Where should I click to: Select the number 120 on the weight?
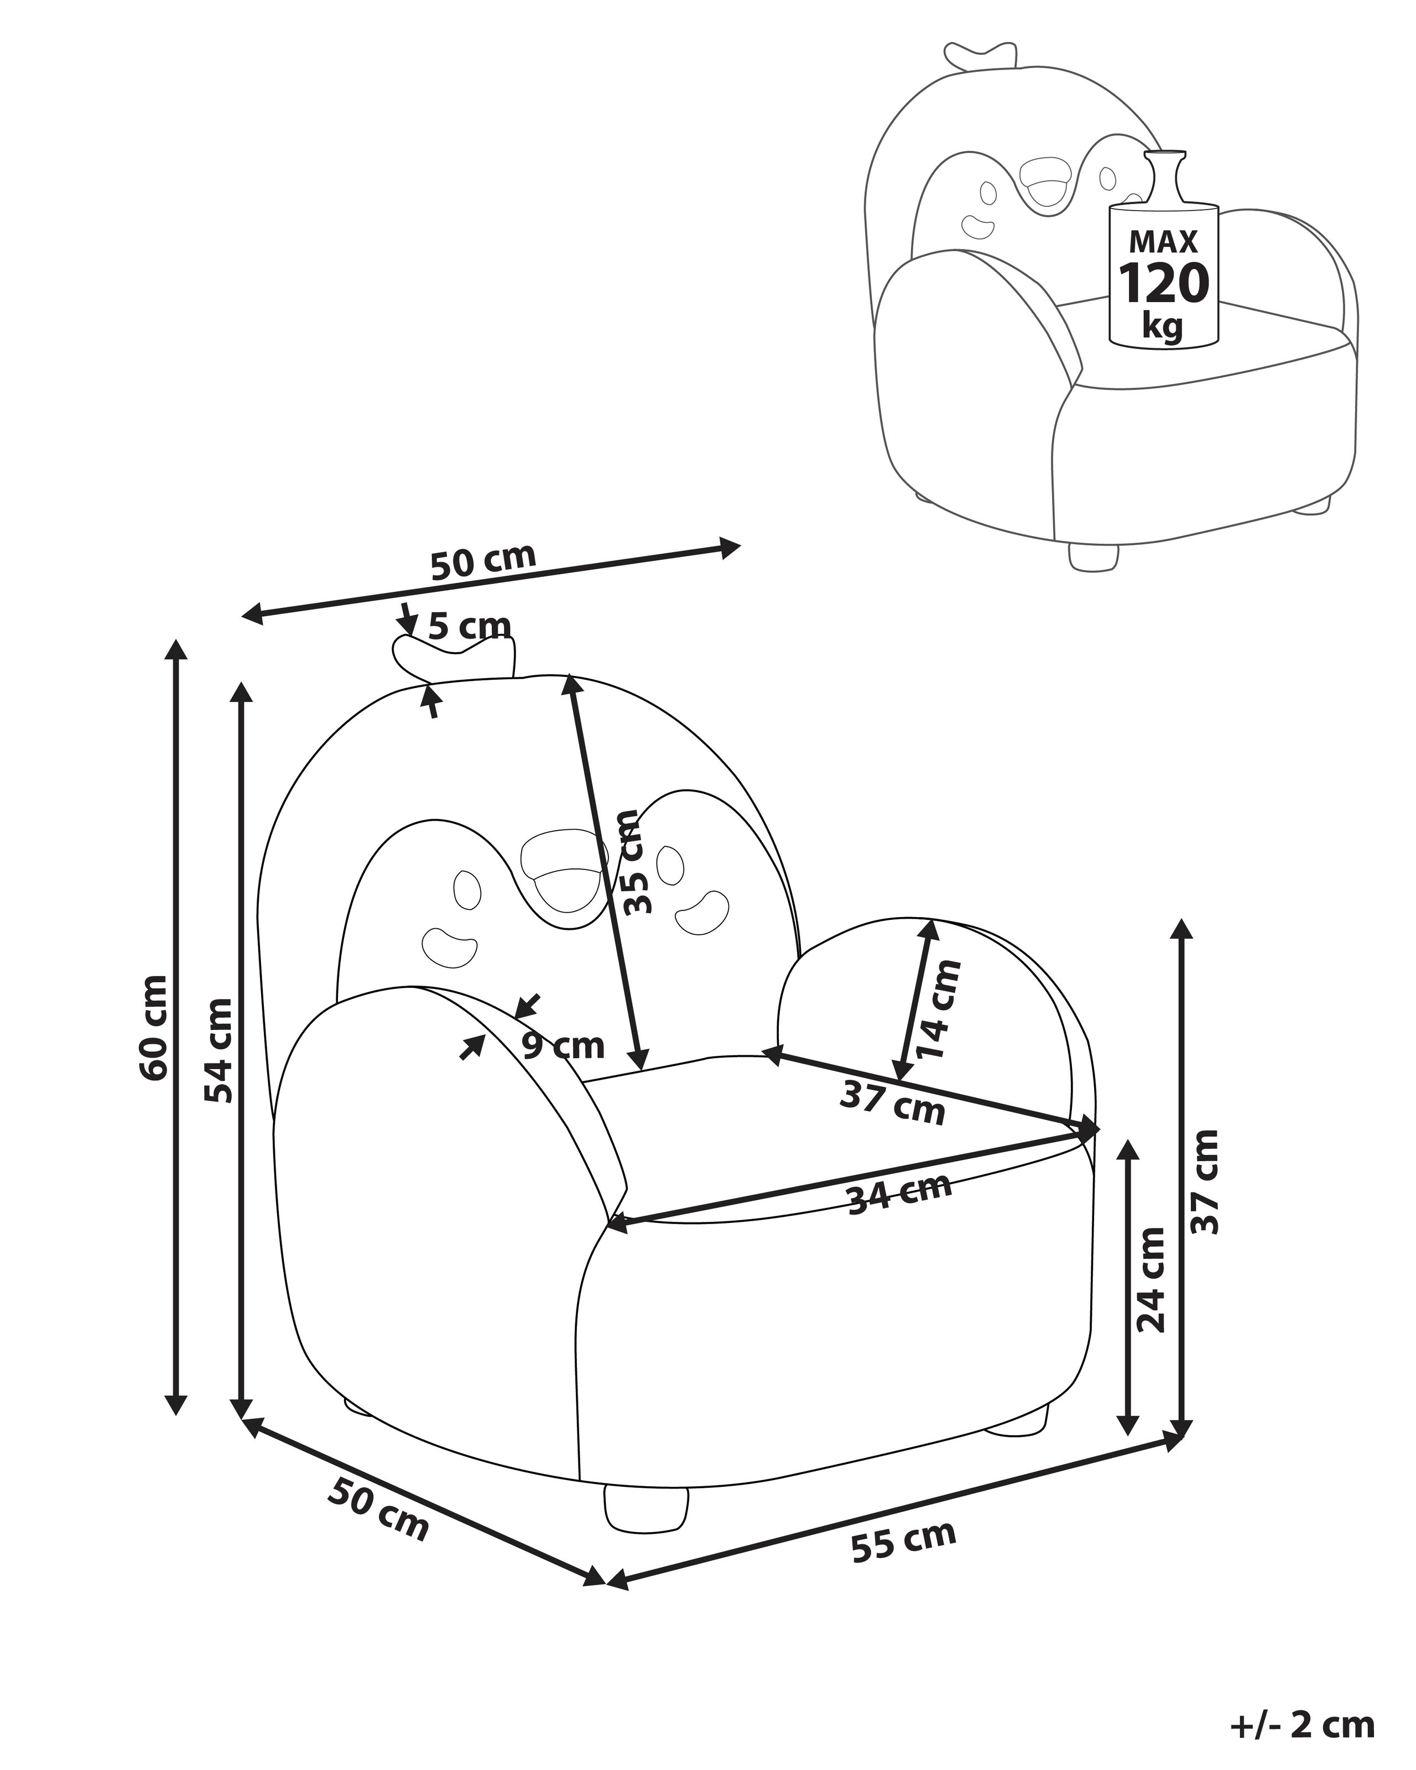point(1164,283)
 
